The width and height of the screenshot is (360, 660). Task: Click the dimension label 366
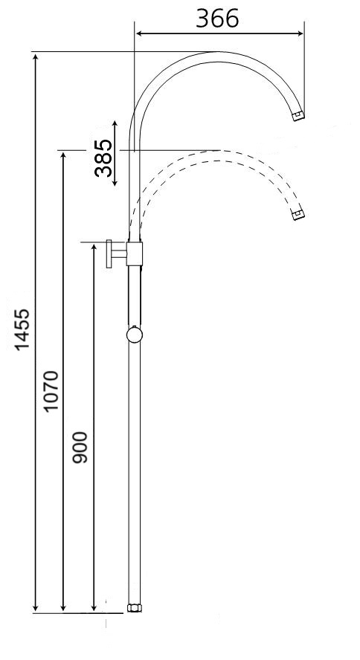pos(217,18)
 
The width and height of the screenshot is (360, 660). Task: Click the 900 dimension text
pos(80,447)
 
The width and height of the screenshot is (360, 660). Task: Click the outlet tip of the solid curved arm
pos(298,116)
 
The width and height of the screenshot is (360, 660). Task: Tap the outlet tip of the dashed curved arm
pos(298,216)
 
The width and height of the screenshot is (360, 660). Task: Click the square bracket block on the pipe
pos(135,254)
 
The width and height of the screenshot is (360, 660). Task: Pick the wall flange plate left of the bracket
pos(109,254)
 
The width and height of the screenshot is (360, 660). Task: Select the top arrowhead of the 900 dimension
pos(94,247)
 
